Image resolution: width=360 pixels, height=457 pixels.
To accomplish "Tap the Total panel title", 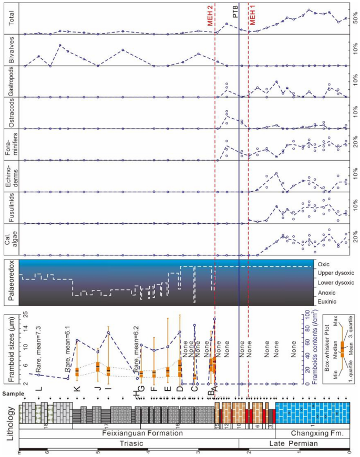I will (9, 19).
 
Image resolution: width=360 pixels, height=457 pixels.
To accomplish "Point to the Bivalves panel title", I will (9, 50).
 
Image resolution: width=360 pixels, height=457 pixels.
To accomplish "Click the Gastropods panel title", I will (9, 82).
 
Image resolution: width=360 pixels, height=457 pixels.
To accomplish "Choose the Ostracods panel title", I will (9, 113).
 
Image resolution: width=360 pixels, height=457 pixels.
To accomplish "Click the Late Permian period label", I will (294, 443).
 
